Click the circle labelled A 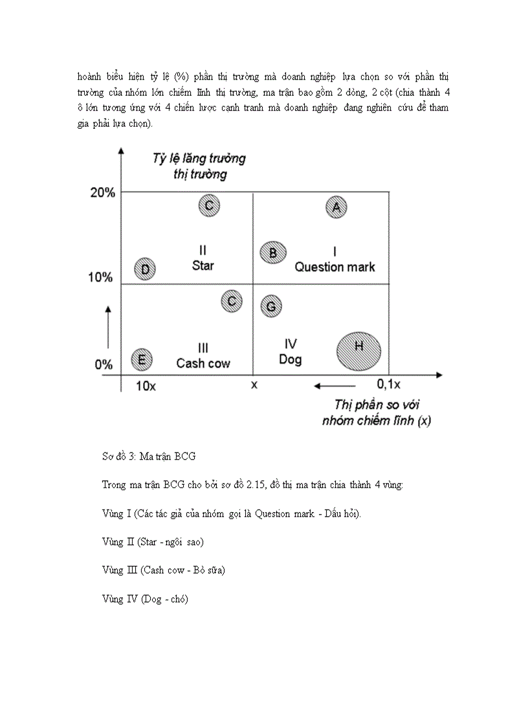pos(336,207)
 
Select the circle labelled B pos(273,252)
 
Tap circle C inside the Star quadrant pos(209,206)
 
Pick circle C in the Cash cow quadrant pos(232,301)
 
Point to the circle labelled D pos(145,269)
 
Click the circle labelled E pos(142,359)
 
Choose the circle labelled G pos(271,306)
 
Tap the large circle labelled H pos(358,350)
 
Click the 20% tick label pos(102,192)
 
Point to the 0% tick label pos(104,364)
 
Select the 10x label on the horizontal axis pos(146,385)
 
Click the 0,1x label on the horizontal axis pos(388,385)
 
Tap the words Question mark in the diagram pos(335,267)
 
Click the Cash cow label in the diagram pos(203,363)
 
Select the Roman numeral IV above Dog pos(291,344)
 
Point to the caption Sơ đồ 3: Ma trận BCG pos(149,456)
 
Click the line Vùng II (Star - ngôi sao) pos(153,541)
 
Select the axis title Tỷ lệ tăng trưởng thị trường pos(199,166)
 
